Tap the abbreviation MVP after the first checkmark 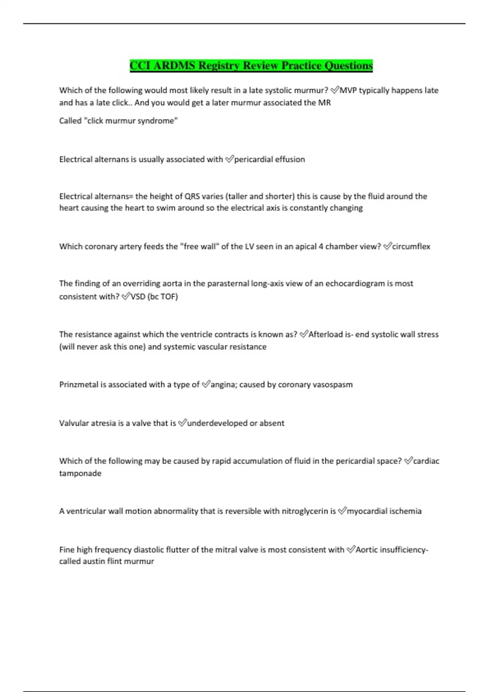coord(348,90)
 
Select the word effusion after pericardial coord(290,159)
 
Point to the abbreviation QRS coord(192,196)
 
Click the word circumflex coord(411,246)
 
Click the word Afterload coord(326,334)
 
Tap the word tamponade coord(80,473)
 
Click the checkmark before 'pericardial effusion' coord(229,159)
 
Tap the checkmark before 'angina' coord(206,384)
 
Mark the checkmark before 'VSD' coord(126,296)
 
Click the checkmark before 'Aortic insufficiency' coord(351,550)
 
